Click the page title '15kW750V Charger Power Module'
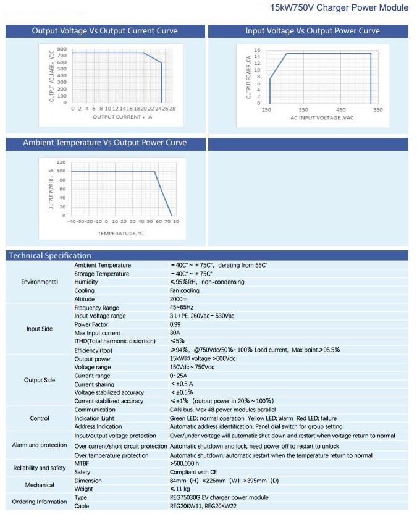tap(339, 7)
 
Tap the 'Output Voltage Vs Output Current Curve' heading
tap(104, 31)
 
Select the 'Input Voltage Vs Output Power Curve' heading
tap(312, 31)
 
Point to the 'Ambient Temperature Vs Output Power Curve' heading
tap(104, 143)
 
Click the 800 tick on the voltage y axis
tap(62, 49)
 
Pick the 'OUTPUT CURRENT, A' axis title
tap(122, 116)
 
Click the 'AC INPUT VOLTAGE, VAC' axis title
tap(322, 117)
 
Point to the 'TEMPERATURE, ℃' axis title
tap(120, 233)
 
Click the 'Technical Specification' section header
tap(49, 255)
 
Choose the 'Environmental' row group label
tap(40, 282)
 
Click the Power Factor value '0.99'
tap(175, 324)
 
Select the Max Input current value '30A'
tap(175, 333)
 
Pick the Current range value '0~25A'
tap(180, 376)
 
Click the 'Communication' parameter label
tap(95, 410)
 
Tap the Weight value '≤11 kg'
tap(180, 489)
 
